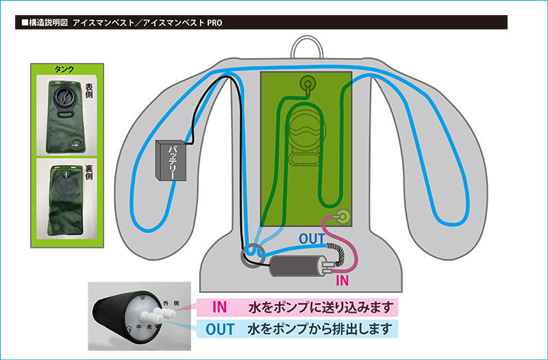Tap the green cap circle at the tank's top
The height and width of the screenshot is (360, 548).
click(307, 85)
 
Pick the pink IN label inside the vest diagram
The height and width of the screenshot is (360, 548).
click(342, 280)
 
